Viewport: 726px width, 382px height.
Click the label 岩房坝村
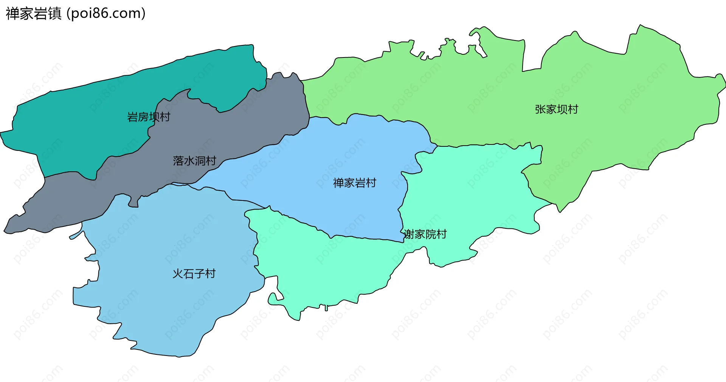pyautogui.click(x=149, y=117)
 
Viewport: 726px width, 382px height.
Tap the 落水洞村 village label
pyautogui.click(x=194, y=161)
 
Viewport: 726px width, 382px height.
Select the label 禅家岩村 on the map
pyautogui.click(x=354, y=183)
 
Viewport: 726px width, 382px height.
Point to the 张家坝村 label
pyautogui.click(x=556, y=110)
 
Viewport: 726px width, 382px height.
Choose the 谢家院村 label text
pyautogui.click(x=425, y=234)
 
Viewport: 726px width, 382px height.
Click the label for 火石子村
pyautogui.click(x=194, y=274)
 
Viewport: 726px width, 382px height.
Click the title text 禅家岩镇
pyautogui.click(x=34, y=14)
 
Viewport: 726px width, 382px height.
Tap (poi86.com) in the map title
pyautogui.click(x=106, y=14)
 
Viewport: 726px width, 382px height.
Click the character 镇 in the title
pyautogui.click(x=55, y=14)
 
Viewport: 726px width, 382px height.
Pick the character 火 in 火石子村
pyautogui.click(x=178, y=274)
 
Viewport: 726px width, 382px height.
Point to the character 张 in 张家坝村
pyautogui.click(x=540, y=110)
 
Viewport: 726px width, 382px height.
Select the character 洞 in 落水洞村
pyautogui.click(x=200, y=161)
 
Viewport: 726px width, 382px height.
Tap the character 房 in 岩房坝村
pyautogui.click(x=143, y=117)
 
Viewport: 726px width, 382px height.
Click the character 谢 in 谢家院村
pyautogui.click(x=409, y=234)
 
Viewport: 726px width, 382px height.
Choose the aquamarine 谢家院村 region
pyautogui.click(x=473, y=189)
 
